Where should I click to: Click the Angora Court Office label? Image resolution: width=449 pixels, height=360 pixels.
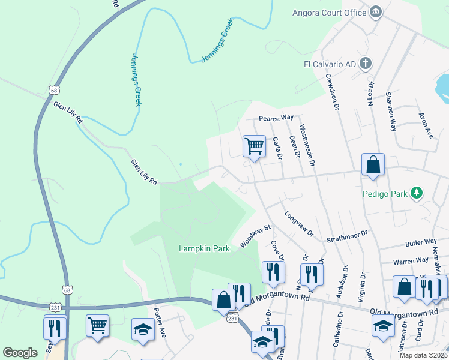coord(328,13)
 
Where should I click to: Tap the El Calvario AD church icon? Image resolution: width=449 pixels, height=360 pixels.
coord(366,64)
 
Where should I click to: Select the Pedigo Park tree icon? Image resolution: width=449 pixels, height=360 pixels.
coord(415,193)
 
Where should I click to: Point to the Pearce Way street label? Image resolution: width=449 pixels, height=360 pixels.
coord(276,118)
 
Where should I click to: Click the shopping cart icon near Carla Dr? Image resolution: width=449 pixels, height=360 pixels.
coord(254,146)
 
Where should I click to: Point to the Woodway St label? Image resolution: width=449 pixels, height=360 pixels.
coord(256,236)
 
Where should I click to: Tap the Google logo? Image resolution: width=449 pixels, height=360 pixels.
coord(20,353)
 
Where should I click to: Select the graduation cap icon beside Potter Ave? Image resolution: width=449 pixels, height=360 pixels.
coord(143,329)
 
